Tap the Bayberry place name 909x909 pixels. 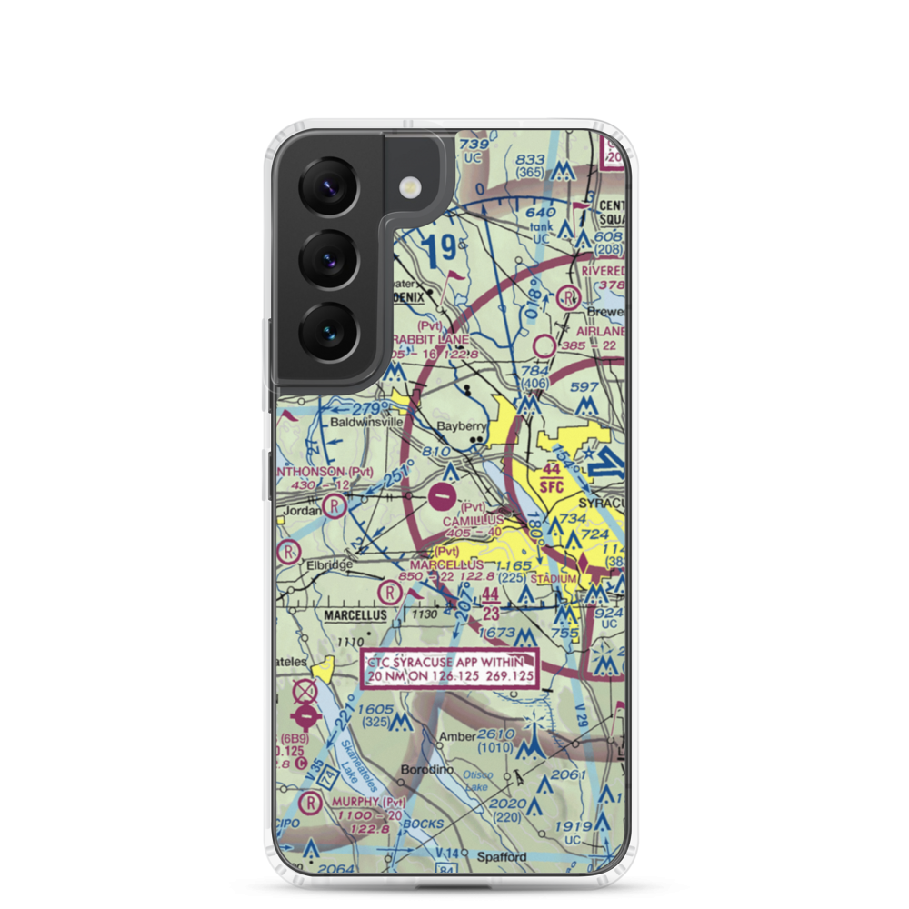(463, 425)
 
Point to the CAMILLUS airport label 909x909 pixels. (473, 520)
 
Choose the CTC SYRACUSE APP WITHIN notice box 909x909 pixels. (452, 668)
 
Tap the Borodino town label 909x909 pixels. (425, 770)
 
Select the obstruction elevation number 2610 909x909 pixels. (496, 734)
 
